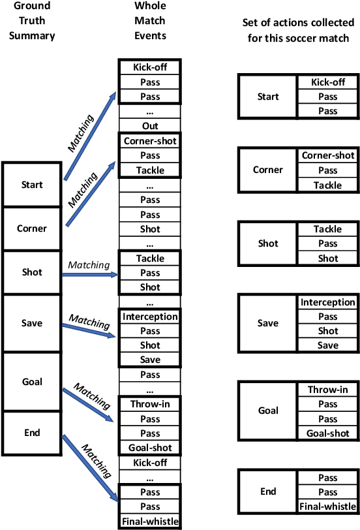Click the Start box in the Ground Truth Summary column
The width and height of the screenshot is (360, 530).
click(x=33, y=185)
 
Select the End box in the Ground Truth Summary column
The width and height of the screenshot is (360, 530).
click(x=33, y=431)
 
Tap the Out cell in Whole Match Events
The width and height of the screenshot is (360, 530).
click(x=149, y=126)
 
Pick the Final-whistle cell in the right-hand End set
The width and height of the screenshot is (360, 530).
click(x=327, y=506)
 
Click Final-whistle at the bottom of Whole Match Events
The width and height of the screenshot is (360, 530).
click(x=149, y=521)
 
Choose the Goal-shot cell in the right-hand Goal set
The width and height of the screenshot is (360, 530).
click(x=327, y=433)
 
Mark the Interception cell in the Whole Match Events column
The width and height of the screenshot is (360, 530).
click(x=149, y=317)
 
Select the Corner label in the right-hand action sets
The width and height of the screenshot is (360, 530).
click(x=268, y=170)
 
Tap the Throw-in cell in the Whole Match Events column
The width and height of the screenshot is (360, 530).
click(x=149, y=404)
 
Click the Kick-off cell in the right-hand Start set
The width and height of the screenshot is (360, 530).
click(x=327, y=82)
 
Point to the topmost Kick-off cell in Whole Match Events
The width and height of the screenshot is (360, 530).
click(x=149, y=67)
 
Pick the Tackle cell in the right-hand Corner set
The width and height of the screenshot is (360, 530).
click(x=327, y=185)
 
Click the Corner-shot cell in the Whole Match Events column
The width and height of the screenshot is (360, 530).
click(x=149, y=140)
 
